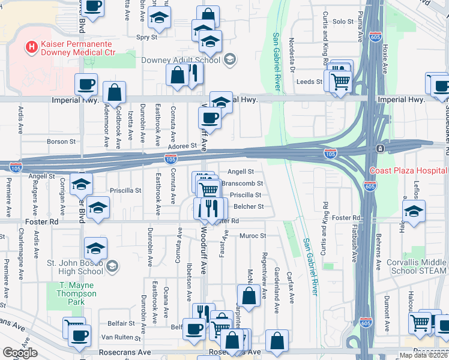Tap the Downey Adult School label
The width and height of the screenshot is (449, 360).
coord(180,59)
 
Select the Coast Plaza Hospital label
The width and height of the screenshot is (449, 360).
coord(408,170)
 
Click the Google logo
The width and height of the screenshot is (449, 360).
coord(20,353)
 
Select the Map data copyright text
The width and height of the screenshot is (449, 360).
coord(423,355)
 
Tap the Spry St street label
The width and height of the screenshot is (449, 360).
coord(147,37)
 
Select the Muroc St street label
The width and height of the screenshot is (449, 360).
coord(253,236)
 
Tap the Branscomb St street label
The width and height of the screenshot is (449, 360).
coord(243,183)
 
